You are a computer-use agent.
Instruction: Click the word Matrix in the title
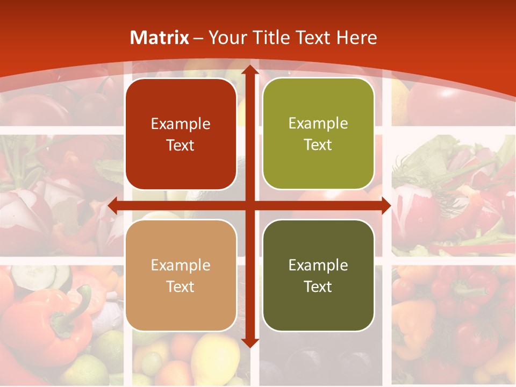pos(160,38)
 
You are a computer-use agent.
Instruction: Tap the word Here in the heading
pos(356,38)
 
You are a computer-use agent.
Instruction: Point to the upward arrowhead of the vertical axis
pos(249,70)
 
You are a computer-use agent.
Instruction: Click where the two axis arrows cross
pos(249,205)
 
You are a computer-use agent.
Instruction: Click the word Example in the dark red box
pos(181,124)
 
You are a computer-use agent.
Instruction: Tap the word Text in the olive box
pos(318,145)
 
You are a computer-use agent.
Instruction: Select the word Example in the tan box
pos(181,266)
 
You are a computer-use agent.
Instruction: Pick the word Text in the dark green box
pos(318,286)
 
